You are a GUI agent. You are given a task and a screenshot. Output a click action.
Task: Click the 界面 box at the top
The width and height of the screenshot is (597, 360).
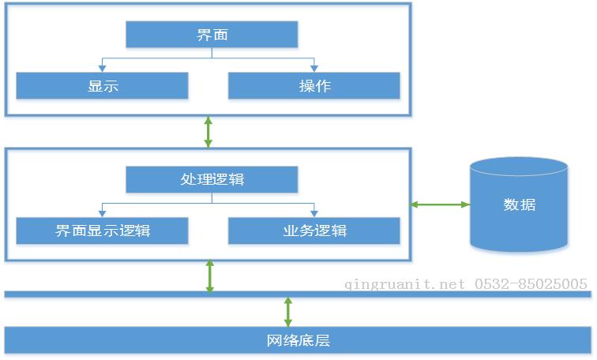(x=212, y=35)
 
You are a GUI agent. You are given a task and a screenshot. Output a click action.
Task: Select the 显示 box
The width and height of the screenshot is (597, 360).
(x=102, y=85)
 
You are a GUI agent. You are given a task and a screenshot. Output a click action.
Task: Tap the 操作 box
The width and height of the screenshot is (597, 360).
(x=314, y=85)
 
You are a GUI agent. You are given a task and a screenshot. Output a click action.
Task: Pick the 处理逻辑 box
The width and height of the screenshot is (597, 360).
(x=212, y=179)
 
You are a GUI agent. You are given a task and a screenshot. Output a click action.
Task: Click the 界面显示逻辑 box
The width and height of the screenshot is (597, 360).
(x=102, y=231)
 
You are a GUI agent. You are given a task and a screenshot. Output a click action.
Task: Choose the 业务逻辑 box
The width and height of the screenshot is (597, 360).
(x=314, y=231)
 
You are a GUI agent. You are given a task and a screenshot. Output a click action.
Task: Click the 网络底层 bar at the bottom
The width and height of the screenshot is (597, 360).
(x=298, y=340)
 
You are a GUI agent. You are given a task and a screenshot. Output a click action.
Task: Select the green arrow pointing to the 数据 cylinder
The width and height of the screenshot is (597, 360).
(x=440, y=204)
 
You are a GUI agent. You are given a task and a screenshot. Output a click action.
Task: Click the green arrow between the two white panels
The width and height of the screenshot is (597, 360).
(x=208, y=132)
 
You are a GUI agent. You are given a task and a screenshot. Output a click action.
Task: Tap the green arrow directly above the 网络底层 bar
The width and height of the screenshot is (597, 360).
(x=287, y=311)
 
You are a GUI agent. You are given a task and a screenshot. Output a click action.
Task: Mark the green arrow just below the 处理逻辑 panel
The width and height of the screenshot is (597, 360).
(x=209, y=276)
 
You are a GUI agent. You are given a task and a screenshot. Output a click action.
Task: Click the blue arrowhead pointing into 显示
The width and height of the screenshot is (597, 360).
(x=102, y=69)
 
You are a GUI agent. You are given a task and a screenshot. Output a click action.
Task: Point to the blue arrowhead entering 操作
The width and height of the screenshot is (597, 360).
(x=314, y=69)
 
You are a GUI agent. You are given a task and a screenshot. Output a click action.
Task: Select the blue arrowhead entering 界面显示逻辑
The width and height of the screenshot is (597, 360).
(x=102, y=214)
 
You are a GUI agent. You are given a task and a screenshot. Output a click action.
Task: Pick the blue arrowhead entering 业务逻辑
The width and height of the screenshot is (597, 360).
(x=314, y=214)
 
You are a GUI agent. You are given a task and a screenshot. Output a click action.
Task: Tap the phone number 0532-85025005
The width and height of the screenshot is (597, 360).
(x=531, y=284)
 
